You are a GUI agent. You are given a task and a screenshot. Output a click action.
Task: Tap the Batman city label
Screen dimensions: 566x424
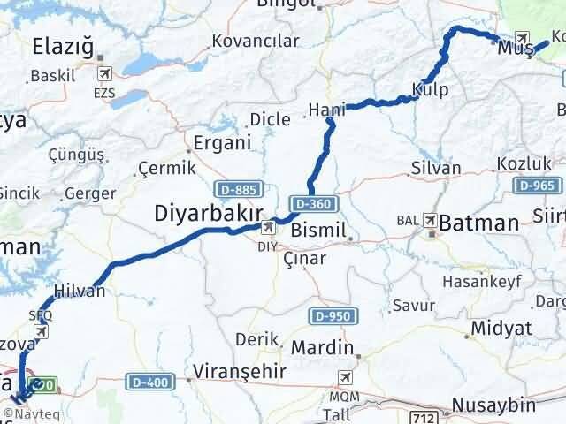(x=478, y=223)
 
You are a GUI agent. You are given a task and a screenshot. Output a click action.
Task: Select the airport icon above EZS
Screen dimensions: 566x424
(x=106, y=72)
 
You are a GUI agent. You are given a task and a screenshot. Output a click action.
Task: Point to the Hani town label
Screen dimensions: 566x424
(x=326, y=110)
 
